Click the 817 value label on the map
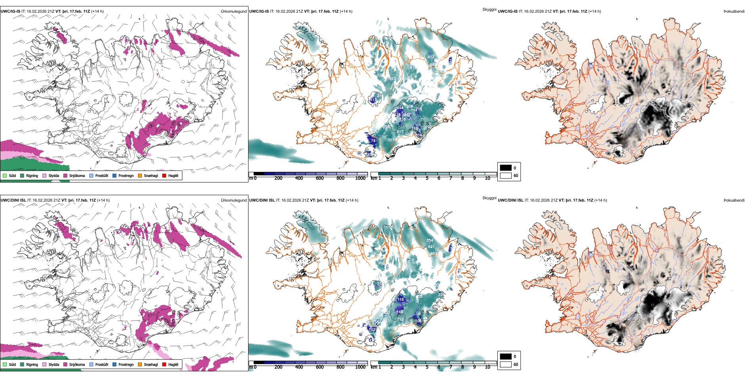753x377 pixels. click(400, 132)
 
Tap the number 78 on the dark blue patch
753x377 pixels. click(373, 141)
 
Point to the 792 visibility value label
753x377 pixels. click(401, 319)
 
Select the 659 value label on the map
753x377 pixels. click(391, 328)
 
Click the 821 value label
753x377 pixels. click(431, 247)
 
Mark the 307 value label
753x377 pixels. click(391, 140)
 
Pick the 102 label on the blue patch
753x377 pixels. click(372, 330)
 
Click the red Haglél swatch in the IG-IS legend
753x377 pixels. click(164, 175)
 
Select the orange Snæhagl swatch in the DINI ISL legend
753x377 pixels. click(140, 364)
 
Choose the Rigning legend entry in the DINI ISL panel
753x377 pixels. click(29, 364)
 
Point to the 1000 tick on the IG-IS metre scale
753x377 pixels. click(360, 178)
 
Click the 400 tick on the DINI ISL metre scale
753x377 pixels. click(299, 367)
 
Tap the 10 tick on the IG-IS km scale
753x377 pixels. click(487, 178)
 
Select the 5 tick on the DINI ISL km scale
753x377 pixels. click(427, 367)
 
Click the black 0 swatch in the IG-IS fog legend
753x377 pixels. click(506, 168)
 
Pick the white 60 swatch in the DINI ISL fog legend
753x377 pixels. click(506, 364)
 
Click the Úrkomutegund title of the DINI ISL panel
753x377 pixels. click(233, 200)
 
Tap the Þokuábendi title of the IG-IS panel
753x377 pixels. click(734, 11)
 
